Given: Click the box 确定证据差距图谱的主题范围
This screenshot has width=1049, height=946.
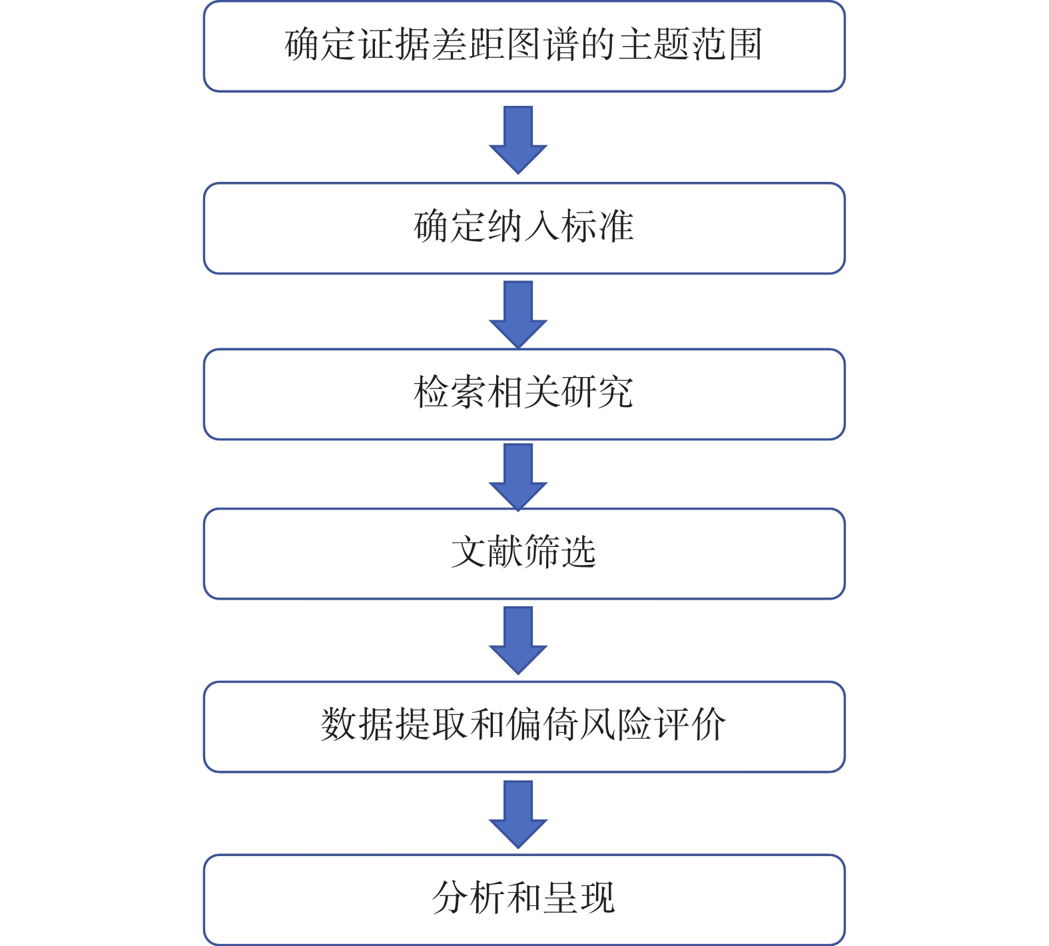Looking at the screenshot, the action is (524, 46).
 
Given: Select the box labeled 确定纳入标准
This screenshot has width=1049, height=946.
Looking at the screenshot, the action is (524, 228).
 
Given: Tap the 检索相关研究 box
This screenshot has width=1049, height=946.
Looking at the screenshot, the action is (524, 394).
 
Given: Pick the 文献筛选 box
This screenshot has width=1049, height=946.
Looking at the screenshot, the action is (524, 554).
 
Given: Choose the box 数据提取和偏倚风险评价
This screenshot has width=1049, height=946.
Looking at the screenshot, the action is (524, 727).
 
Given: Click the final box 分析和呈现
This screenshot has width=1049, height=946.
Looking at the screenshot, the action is (524, 899).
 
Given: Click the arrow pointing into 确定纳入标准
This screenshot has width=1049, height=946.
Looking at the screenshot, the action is (518, 140).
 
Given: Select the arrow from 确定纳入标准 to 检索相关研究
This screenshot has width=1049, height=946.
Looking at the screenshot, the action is (518, 314).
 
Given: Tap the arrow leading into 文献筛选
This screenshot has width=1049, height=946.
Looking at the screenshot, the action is (518, 477).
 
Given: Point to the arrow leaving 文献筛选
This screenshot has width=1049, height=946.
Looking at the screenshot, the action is (518, 640).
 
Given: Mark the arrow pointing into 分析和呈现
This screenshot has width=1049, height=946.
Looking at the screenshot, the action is (518, 814).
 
